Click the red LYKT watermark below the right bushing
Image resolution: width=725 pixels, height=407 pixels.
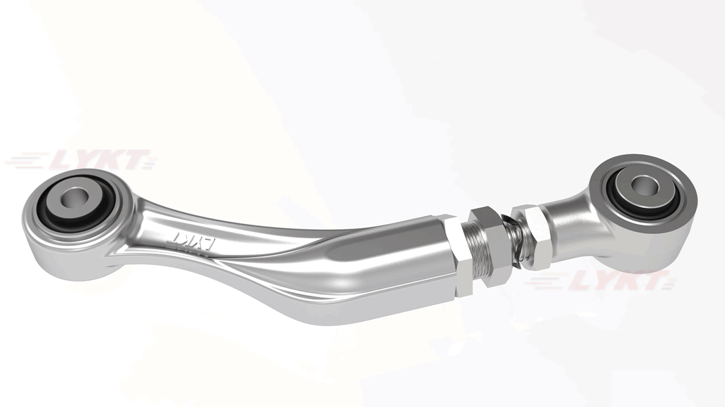click(x=604, y=282)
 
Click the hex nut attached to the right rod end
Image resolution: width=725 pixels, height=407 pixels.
click(x=535, y=231)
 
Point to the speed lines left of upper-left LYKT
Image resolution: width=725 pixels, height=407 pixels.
click(x=23, y=162)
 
